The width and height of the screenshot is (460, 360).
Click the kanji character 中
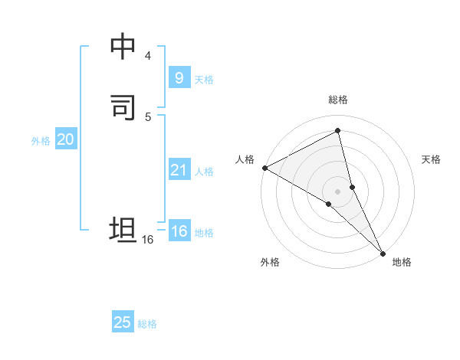(123, 47)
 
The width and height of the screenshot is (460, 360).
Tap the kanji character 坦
(123, 230)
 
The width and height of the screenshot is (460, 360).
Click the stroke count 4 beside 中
(147, 56)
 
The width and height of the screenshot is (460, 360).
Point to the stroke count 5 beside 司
(147, 116)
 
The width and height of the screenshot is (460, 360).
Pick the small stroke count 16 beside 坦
(148, 240)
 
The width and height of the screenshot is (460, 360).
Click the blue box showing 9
(179, 78)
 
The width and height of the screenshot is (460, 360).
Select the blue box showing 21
(179, 170)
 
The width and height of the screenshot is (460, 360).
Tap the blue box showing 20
(65, 139)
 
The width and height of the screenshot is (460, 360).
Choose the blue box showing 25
(123, 322)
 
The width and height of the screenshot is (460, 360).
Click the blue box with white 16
(179, 231)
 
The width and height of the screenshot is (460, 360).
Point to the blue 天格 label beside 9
(204, 80)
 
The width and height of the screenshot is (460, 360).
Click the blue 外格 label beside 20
(41, 141)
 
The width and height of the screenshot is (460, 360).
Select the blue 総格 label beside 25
(147, 324)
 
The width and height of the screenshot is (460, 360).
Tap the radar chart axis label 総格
(338, 100)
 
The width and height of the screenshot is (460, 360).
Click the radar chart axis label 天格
(431, 159)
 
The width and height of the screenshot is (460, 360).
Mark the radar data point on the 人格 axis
(264, 167)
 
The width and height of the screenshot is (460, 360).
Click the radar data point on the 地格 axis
(383, 252)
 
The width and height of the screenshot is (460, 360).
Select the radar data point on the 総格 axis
(338, 131)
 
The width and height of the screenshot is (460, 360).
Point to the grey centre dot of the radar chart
(338, 191)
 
